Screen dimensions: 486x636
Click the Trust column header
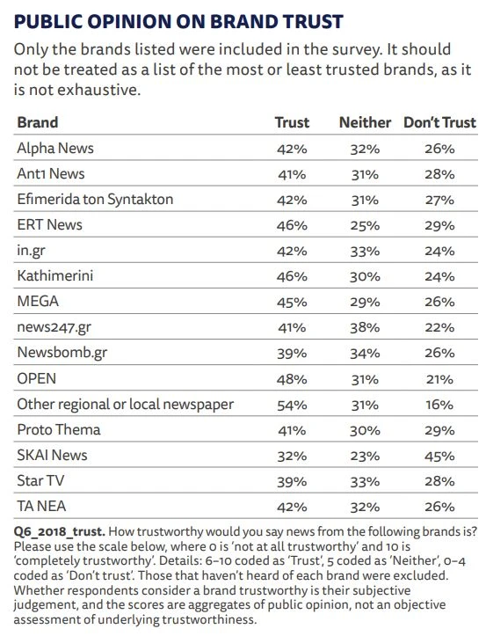tap(292, 122)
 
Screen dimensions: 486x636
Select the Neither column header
tap(365, 122)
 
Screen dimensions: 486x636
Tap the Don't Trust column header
tap(439, 122)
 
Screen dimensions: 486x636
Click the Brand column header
tap(38, 122)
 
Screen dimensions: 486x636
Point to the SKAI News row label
tap(52, 455)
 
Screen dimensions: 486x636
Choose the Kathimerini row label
tap(55, 276)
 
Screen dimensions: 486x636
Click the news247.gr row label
tap(54, 328)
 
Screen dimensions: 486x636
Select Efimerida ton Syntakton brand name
tap(95, 199)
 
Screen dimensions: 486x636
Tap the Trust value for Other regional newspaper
tap(292, 405)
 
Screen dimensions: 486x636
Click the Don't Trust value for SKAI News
tap(439, 456)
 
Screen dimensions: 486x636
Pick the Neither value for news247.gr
tap(365, 328)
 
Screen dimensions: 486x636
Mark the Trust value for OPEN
tap(292, 379)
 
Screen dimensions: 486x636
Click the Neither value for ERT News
tap(365, 225)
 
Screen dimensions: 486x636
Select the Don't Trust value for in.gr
tap(439, 251)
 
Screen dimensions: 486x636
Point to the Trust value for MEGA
tap(292, 303)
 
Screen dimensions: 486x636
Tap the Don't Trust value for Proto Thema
tap(439, 430)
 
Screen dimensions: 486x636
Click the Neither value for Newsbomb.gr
tap(365, 354)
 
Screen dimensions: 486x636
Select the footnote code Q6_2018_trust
tap(59, 531)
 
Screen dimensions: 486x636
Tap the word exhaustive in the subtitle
tap(99, 90)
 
